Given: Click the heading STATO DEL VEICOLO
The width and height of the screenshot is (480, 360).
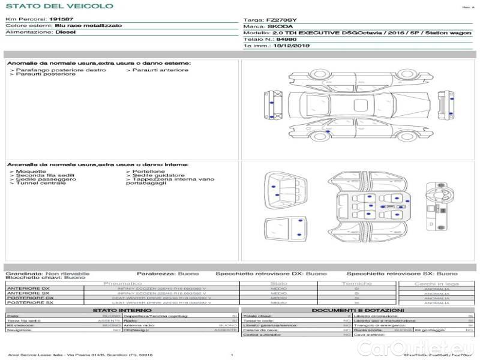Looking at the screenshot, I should point(59,6).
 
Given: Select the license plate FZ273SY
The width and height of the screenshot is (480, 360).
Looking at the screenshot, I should point(283,20).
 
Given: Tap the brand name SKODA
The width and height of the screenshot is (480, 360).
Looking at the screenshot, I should point(280,26).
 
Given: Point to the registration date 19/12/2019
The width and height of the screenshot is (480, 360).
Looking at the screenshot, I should point(292,45).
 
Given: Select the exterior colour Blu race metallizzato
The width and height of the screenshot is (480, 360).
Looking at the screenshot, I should point(88,26).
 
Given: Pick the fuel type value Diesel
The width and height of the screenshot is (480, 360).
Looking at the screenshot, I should point(65,32).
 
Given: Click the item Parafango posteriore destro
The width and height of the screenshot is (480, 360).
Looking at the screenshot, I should point(61,70).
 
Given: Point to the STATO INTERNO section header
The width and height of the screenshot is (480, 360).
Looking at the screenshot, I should point(122,310).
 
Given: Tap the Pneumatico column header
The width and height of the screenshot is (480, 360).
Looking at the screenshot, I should point(122,283).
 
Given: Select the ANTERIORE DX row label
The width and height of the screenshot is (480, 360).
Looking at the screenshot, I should point(28,289).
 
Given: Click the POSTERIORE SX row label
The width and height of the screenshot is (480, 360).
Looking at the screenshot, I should point(30,302).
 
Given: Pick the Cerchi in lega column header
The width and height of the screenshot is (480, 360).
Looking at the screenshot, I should point(436,283).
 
